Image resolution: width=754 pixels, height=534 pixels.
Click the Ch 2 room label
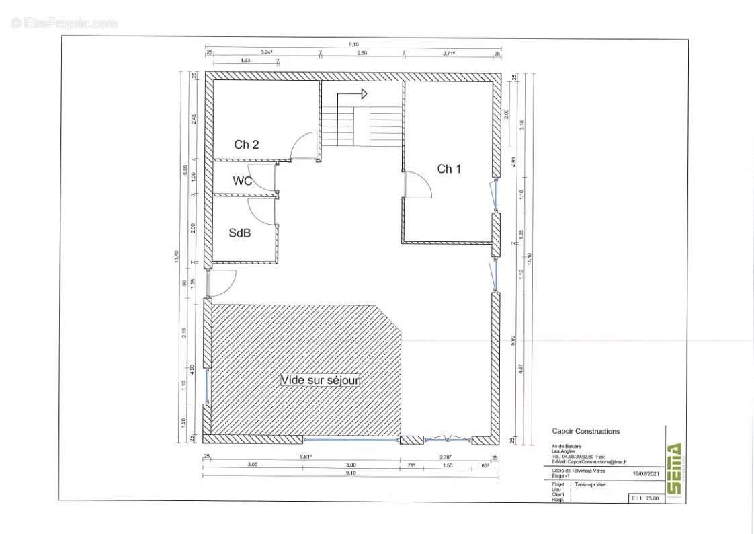pos(247,145)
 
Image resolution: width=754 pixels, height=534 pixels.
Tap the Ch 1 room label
pos(449,169)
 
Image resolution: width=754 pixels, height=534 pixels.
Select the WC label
pos(243,181)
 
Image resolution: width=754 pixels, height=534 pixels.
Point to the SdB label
pos(240,233)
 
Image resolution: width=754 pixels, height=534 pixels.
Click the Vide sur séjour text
pos(320,380)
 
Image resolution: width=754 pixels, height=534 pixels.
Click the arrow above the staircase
pos(357,93)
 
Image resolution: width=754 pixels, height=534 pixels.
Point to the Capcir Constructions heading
pos(585,432)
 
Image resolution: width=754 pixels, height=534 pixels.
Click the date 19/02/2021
pos(647,473)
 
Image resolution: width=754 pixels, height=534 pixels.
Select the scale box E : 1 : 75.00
pos(645,498)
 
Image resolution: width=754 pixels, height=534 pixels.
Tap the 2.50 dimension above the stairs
pos(362,52)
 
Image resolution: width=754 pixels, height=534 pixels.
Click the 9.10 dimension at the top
pos(353,44)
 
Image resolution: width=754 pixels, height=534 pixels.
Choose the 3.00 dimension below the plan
pos(351,465)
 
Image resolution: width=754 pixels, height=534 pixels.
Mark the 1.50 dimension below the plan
pos(447,465)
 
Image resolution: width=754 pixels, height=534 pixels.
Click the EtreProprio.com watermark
pos(65,23)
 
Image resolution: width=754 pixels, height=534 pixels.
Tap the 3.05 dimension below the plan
pos(253,465)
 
